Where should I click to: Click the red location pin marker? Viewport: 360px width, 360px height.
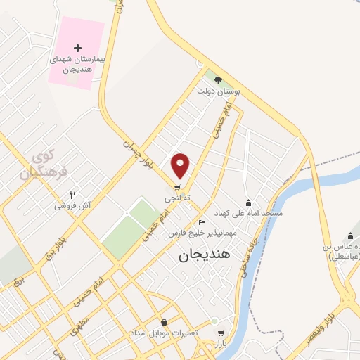[x=181, y=165]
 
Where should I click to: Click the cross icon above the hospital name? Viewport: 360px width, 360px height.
[x=77, y=47]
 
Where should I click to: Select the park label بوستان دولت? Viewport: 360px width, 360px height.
[x=214, y=91]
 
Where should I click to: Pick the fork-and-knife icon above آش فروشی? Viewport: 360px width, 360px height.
[x=72, y=195]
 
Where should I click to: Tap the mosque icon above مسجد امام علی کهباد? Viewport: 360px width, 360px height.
[x=247, y=202]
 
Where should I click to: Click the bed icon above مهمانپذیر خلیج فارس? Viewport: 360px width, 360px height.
[x=202, y=222]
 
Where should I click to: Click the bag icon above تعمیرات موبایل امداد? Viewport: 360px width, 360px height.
[x=164, y=322]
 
